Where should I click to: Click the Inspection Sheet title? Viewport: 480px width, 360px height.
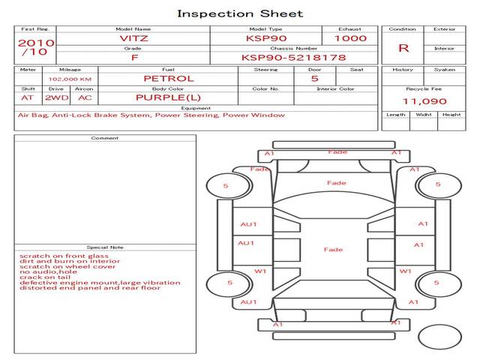click(240, 13)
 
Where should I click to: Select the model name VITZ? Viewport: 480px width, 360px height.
click(135, 38)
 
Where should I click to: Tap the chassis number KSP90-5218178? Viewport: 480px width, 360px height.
click(293, 57)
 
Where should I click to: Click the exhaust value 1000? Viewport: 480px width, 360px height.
click(350, 38)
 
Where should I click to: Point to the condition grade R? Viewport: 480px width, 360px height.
click(403, 48)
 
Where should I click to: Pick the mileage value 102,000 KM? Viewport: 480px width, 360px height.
click(70, 79)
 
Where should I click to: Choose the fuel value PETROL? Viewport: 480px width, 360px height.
click(168, 78)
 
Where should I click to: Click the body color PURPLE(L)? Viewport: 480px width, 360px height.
click(168, 97)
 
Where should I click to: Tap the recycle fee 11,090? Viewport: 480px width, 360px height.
click(424, 101)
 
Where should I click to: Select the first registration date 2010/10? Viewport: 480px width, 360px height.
click(35, 47)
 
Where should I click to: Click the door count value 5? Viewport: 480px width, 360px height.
click(314, 78)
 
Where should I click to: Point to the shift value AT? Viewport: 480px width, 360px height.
click(28, 97)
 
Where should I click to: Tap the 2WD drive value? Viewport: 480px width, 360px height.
click(55, 97)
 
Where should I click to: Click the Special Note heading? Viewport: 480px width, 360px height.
click(105, 247)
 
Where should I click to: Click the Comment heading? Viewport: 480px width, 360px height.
click(105, 138)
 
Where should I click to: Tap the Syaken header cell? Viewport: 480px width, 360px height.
click(445, 70)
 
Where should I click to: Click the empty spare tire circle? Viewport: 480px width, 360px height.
click(439, 337)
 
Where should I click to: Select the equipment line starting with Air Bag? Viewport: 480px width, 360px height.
click(151, 115)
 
